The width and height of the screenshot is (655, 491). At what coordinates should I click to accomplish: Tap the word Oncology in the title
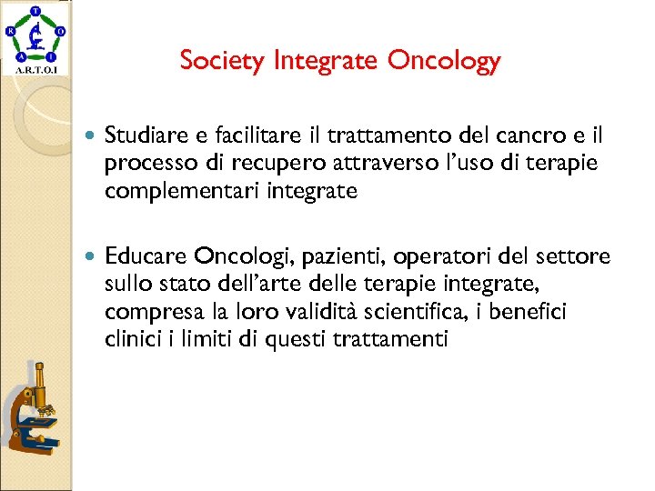[444, 62]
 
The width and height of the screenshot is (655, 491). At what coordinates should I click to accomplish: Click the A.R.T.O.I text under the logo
[35, 69]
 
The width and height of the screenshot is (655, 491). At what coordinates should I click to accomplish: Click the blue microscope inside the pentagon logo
[35, 36]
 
